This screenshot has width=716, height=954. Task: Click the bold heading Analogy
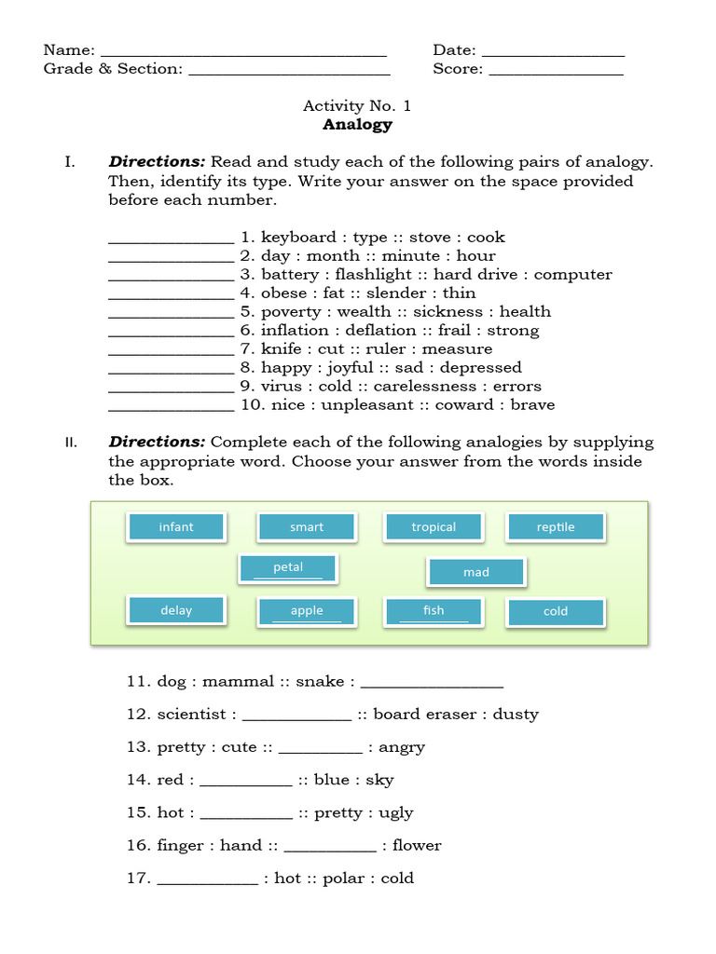pos(357,125)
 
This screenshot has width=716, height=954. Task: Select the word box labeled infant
pos(176,527)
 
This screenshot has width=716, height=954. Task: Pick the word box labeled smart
pos(307,527)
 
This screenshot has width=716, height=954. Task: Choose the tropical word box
pos(434,527)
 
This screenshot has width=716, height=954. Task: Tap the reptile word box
pos(556,527)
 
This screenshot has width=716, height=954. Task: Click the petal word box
pos(288,567)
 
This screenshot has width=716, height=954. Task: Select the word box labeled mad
pos(476,572)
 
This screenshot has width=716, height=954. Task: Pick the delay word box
pos(176,611)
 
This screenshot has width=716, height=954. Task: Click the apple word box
pos(307,611)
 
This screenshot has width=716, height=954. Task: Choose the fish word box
pos(434,611)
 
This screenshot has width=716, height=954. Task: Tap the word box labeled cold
pos(556,612)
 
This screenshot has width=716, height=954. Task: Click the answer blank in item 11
pos(432,684)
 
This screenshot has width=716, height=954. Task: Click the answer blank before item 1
pos(172,239)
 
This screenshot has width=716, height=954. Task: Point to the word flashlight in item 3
pos(373,275)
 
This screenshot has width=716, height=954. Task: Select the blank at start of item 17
pos(207,880)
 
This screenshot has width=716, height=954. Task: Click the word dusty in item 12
pos(516,715)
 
